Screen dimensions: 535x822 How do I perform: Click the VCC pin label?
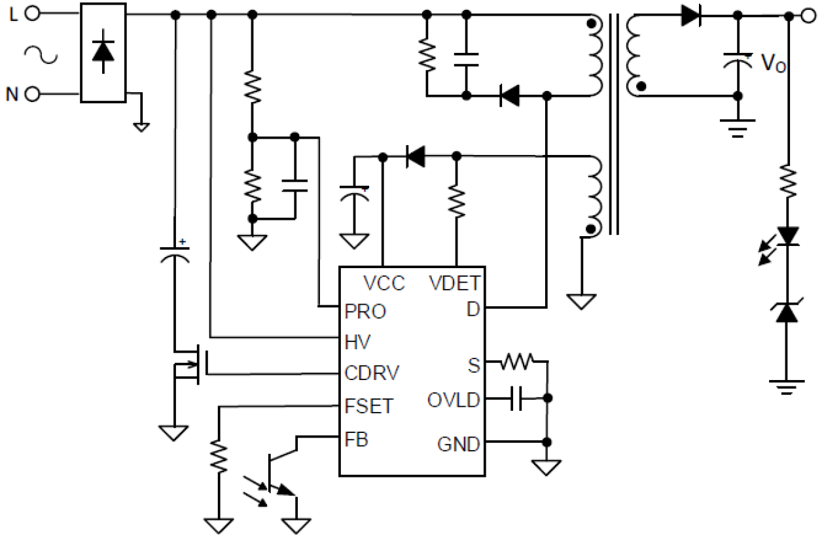point(384,283)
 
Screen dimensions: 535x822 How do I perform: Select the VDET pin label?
point(455,283)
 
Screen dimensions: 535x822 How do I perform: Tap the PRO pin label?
point(365,312)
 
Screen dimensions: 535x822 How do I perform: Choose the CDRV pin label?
point(372,373)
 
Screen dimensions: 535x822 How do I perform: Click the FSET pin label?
point(369,407)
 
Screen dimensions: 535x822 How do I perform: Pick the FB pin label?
point(356,440)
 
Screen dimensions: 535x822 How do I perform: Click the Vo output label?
point(772,63)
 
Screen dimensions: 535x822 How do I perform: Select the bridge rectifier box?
point(103,52)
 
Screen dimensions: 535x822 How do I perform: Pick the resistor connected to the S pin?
point(517,360)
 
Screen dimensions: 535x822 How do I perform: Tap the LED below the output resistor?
point(787,237)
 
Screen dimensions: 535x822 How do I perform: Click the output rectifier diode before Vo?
point(690,14)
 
